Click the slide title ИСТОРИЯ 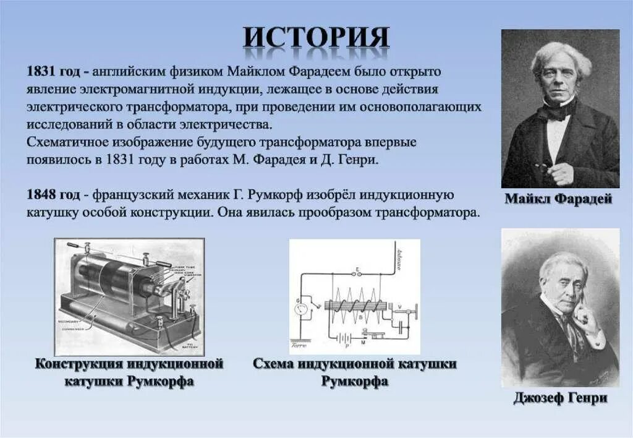pos(316,38)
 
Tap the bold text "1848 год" pos(53,195)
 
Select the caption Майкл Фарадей pos(558,199)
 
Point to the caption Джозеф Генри pos(560,398)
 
